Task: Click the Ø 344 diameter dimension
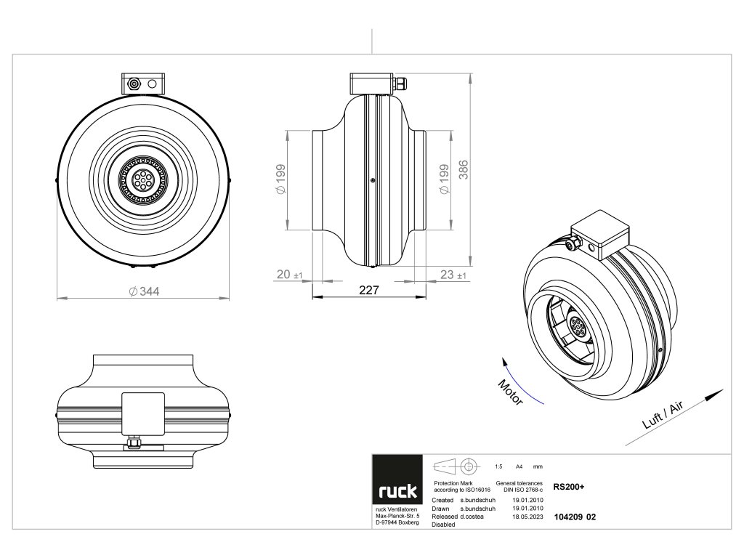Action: click(144, 291)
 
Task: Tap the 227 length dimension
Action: click(369, 290)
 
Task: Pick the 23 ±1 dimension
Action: click(453, 275)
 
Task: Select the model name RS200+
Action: click(569, 488)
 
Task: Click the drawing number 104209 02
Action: click(575, 517)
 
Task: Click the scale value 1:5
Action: click(498, 466)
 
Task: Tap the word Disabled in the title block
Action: click(443, 524)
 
